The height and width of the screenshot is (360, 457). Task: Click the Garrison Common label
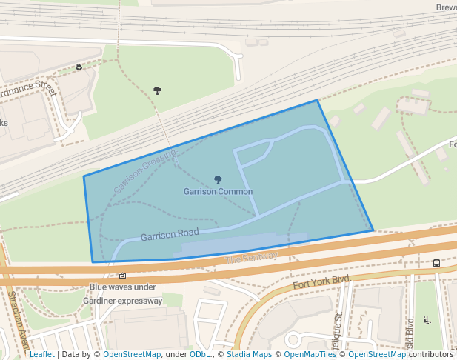218,192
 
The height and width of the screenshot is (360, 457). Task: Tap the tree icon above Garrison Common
218,179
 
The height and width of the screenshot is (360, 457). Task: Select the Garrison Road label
170,236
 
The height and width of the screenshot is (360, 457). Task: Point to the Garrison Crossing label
145,172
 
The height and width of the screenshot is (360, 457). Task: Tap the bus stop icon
436,263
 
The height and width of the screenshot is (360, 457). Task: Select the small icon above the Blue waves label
122,276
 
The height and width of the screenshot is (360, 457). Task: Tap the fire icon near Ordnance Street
79,67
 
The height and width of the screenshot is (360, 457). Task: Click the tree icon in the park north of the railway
157,90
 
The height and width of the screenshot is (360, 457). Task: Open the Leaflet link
41,354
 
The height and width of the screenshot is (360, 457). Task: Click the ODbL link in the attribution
200,354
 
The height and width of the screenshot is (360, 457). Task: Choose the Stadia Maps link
249,354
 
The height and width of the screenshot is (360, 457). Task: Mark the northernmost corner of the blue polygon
317,100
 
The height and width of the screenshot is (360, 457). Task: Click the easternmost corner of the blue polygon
373,230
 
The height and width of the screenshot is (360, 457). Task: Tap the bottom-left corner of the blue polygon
93,262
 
